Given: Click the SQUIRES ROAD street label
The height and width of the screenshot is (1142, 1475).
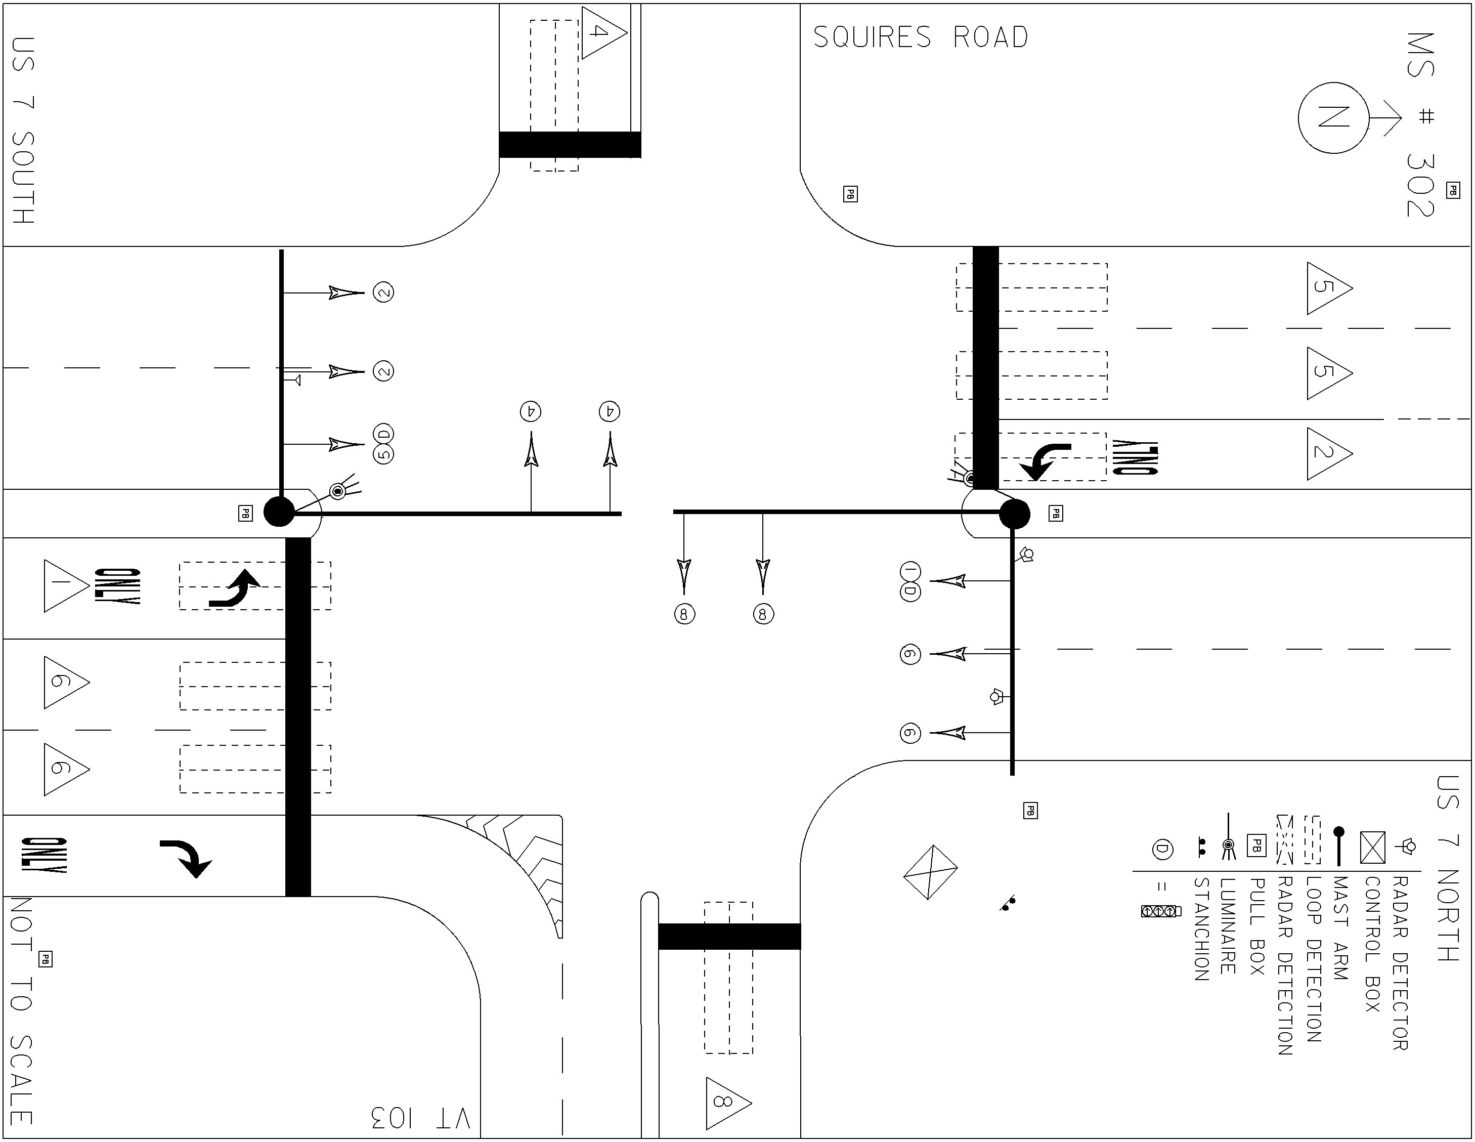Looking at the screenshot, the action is point(921,37).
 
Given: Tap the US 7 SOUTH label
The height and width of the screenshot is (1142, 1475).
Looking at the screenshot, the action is point(24,131).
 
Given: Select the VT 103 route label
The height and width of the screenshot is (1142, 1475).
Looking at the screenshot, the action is point(420,1118).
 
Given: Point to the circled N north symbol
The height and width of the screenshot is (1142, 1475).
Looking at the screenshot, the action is point(1333,118).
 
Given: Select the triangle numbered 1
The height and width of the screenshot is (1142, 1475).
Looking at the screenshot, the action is point(65,586).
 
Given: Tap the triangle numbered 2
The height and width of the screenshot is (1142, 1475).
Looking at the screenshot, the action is point(1328,453).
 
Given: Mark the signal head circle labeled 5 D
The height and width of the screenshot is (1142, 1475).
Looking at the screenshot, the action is point(383,444).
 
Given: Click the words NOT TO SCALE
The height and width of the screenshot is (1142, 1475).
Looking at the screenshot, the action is point(22,1011).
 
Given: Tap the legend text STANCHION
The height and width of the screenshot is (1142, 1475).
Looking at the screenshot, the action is point(1201,929).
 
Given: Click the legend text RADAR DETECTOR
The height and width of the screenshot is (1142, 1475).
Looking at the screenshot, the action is point(1400,963).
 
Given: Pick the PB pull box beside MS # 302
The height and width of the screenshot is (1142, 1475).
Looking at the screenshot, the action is point(1453,191).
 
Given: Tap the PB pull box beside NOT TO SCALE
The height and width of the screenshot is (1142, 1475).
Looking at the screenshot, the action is point(45,959).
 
